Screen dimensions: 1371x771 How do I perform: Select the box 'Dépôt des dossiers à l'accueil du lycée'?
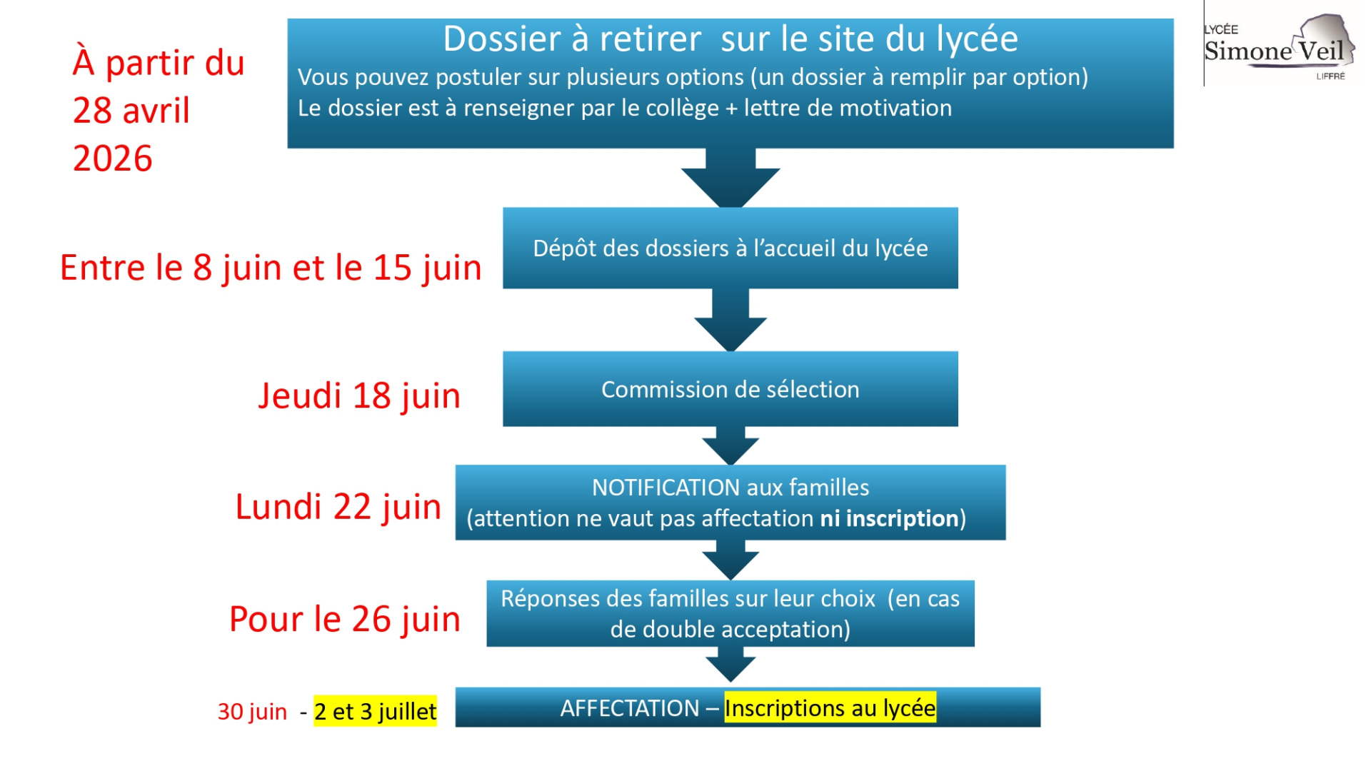pyautogui.click(x=730, y=248)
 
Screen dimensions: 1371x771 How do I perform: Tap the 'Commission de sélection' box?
pyautogui.click(x=730, y=389)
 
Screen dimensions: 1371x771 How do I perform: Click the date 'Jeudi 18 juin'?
pyautogui.click(x=359, y=396)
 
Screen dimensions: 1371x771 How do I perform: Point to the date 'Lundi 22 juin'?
pyautogui.click(x=338, y=507)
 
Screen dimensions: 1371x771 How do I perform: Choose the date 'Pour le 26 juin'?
pyautogui.click(x=345, y=619)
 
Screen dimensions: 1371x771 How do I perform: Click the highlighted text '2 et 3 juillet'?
pyautogui.click(x=376, y=712)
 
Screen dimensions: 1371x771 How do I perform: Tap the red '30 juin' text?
pyautogui.click(x=252, y=712)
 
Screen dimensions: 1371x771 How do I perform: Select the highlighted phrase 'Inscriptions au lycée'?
pyautogui.click(x=830, y=707)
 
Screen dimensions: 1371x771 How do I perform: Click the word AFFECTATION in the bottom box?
pyautogui.click(x=630, y=708)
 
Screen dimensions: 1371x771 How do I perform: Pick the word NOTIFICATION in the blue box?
pyautogui.click(x=666, y=488)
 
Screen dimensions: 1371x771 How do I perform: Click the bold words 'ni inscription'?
pyautogui.click(x=889, y=518)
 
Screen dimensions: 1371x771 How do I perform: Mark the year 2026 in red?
pyautogui.click(x=113, y=158)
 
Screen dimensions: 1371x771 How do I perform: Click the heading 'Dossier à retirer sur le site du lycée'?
pyautogui.click(x=730, y=39)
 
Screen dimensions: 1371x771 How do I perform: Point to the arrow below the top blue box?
pyautogui.click(x=730, y=178)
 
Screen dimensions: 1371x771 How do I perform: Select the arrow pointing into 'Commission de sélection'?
pyautogui.click(x=730, y=320)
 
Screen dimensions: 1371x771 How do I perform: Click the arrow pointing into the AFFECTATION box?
pyautogui.click(x=730, y=665)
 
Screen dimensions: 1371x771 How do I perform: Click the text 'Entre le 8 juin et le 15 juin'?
pyautogui.click(x=271, y=268)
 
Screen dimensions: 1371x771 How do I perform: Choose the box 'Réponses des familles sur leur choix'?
pyautogui.click(x=730, y=614)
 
